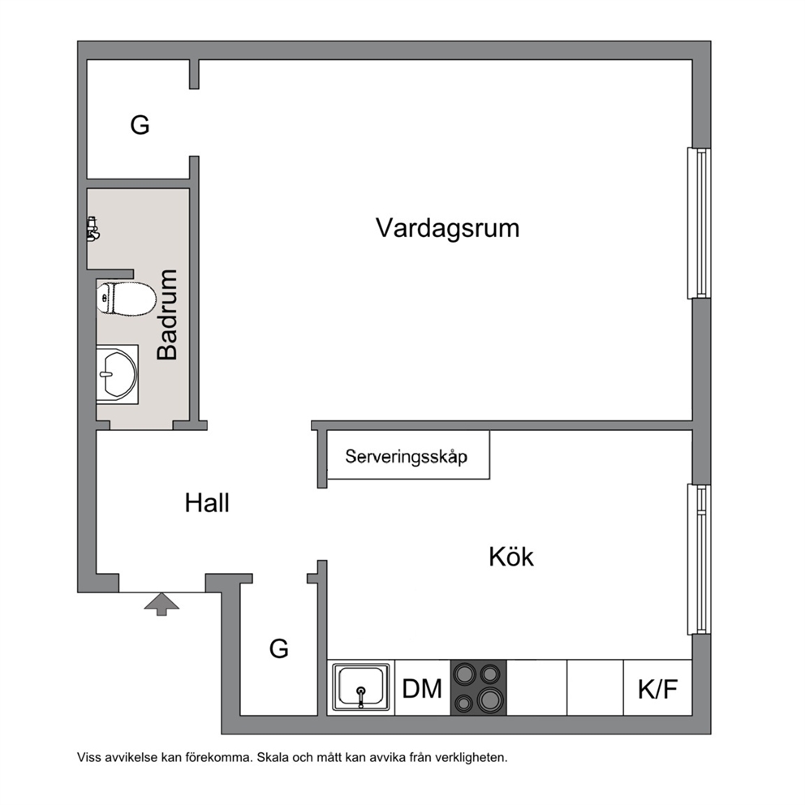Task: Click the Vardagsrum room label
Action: click(x=447, y=229)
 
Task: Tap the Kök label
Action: click(x=510, y=557)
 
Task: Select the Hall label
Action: click(x=207, y=502)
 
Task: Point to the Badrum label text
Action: click(x=167, y=314)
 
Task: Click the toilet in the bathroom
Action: click(x=126, y=298)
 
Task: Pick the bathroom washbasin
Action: click(x=118, y=374)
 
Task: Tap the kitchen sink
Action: click(x=360, y=687)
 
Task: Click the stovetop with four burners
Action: click(x=479, y=687)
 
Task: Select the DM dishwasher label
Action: click(x=422, y=689)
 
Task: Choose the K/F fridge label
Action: click(x=657, y=690)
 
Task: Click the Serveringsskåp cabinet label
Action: click(x=406, y=456)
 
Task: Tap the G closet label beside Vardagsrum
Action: click(x=140, y=125)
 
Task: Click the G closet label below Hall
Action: click(x=279, y=649)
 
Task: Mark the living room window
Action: click(x=700, y=223)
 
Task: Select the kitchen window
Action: click(x=700, y=560)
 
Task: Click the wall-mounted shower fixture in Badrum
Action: click(x=93, y=229)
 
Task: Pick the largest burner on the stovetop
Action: click(x=489, y=699)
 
